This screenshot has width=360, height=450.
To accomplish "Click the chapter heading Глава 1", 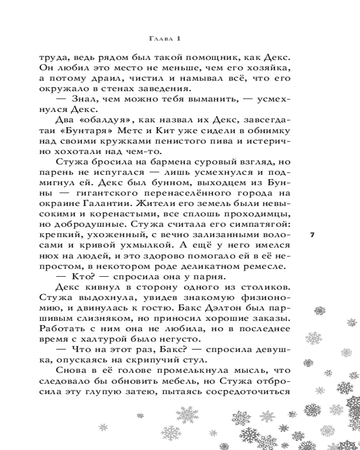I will [x=164, y=40].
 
